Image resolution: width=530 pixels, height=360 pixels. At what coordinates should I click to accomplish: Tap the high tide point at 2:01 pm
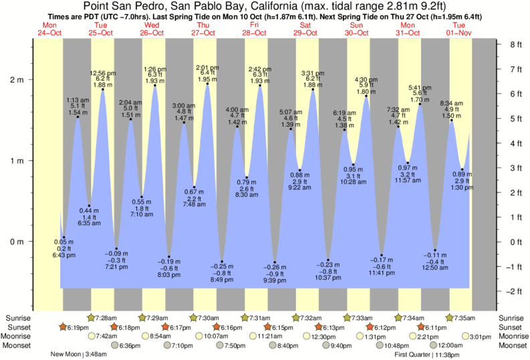[207, 83]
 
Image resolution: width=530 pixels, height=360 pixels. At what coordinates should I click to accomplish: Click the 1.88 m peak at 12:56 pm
[103, 89]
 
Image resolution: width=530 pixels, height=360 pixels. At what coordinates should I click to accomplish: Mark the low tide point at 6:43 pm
[63, 237]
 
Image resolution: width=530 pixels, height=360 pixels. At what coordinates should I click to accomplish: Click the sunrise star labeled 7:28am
[92, 317]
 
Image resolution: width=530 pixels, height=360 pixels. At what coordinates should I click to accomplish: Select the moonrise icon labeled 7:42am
[92, 336]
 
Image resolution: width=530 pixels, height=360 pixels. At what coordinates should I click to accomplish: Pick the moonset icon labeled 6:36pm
[115, 345]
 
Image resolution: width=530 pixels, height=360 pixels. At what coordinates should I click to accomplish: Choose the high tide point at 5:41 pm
[420, 104]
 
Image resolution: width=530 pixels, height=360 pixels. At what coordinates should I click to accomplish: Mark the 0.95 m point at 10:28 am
[354, 164]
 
